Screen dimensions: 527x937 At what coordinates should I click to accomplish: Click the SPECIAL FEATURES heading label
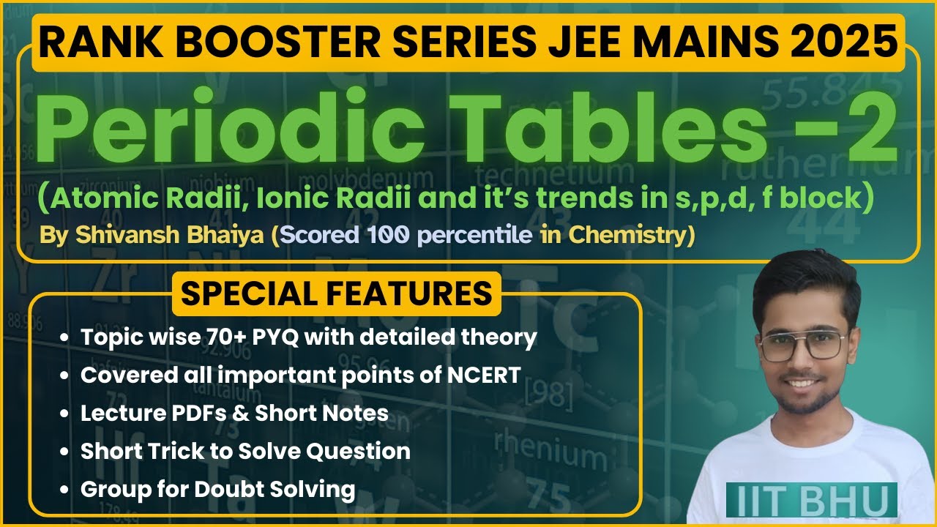click(x=337, y=294)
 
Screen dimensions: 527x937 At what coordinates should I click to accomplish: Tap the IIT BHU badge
click(x=811, y=500)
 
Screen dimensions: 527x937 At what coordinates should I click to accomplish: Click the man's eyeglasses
click(x=803, y=345)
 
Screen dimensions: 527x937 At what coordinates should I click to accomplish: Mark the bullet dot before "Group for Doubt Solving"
click(x=66, y=489)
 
